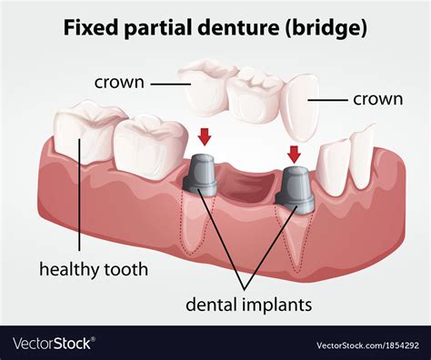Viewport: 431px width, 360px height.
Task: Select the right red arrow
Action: tap(293, 152)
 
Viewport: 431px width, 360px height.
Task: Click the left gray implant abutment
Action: tap(202, 174)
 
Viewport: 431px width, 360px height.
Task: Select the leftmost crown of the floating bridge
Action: tap(207, 82)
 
